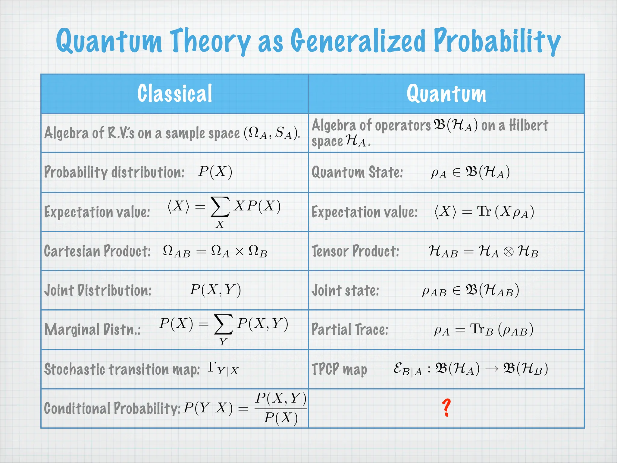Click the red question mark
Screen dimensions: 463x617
[x=446, y=408]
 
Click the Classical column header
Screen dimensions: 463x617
[x=175, y=93]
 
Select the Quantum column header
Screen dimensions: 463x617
[x=446, y=93]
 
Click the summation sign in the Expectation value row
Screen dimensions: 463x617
[x=220, y=207]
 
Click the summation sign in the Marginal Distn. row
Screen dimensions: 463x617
[x=223, y=324]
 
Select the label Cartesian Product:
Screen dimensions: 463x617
[x=97, y=251]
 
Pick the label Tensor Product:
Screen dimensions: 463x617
[x=355, y=251]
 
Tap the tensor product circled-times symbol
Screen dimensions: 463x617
[x=509, y=252]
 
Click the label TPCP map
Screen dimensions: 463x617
[x=339, y=369]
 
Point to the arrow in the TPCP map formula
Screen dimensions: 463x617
[x=492, y=369]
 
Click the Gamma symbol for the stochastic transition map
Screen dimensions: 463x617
[x=212, y=367]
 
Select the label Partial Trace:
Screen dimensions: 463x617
[x=350, y=329]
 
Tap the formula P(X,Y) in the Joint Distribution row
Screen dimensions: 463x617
[x=215, y=290]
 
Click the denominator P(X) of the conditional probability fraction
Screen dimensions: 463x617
[x=281, y=418]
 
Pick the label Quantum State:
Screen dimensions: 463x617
[x=357, y=172]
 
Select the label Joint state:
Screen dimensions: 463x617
[x=345, y=291]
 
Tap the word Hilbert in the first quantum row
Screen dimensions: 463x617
[x=528, y=125]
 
